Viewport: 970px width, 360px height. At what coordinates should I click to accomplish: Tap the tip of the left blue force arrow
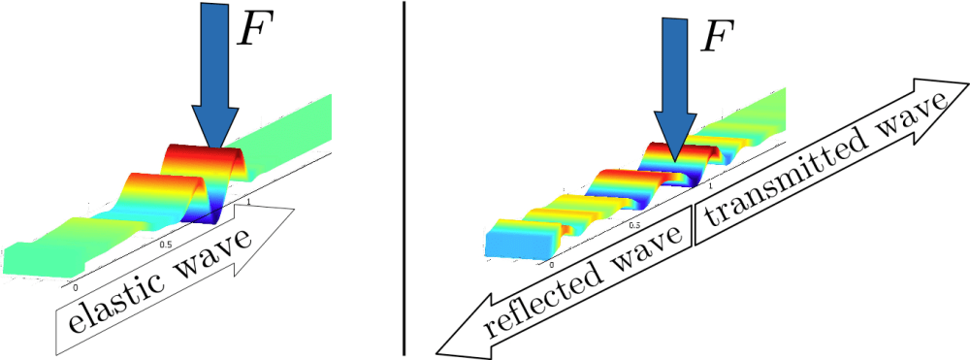click(214, 148)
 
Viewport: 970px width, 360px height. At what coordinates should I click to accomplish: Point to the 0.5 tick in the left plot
click(165, 245)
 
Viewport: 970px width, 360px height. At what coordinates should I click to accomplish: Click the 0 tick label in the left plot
click(76, 287)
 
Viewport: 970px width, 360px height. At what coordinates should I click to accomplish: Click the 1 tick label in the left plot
click(248, 201)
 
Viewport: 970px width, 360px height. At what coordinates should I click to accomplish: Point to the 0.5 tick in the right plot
click(634, 225)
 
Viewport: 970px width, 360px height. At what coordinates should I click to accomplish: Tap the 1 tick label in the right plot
click(711, 185)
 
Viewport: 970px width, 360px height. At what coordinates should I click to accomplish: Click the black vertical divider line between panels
click(404, 179)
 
